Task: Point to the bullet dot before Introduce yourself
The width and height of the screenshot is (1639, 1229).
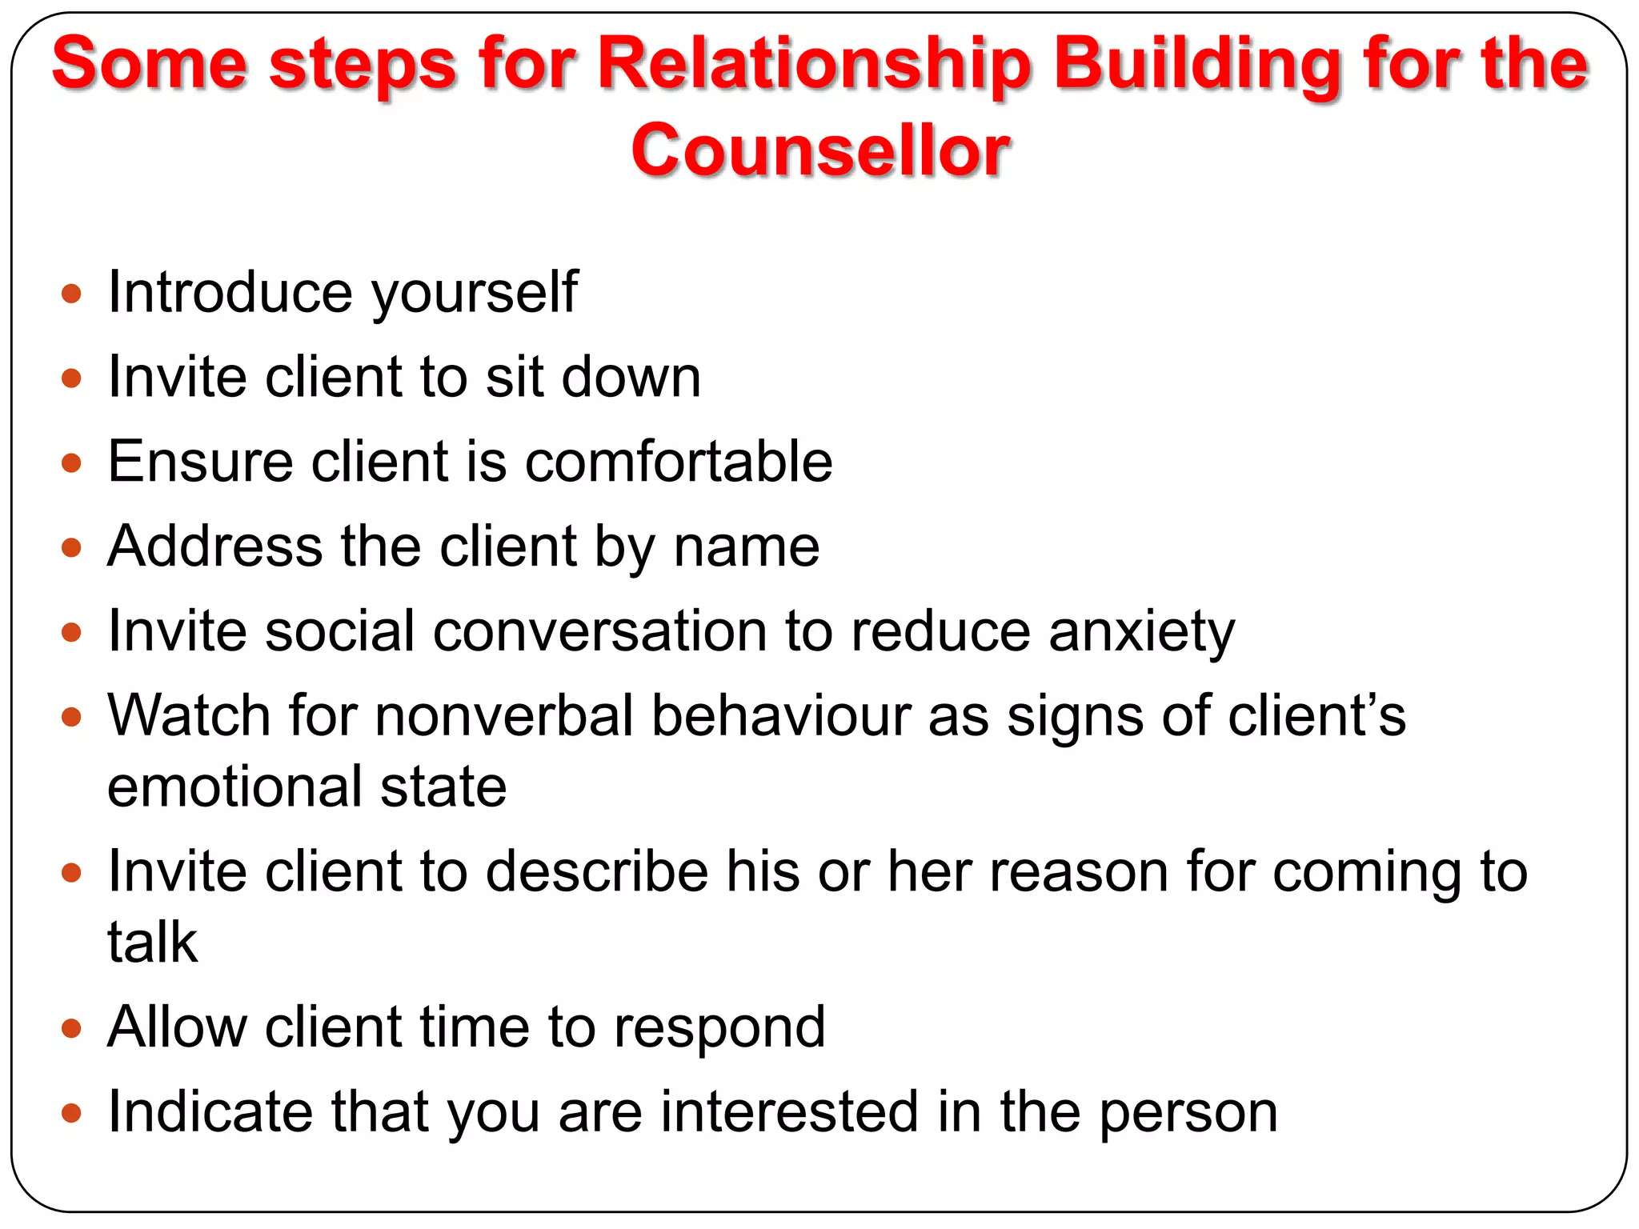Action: [71, 294]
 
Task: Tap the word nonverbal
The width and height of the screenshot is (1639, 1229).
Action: [503, 715]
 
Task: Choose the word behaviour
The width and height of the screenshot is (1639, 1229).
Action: [780, 715]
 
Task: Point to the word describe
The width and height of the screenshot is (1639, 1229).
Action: [597, 871]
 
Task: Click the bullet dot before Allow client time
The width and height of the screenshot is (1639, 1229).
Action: [71, 1028]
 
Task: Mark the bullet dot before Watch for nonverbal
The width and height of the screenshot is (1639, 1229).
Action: [71, 716]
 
